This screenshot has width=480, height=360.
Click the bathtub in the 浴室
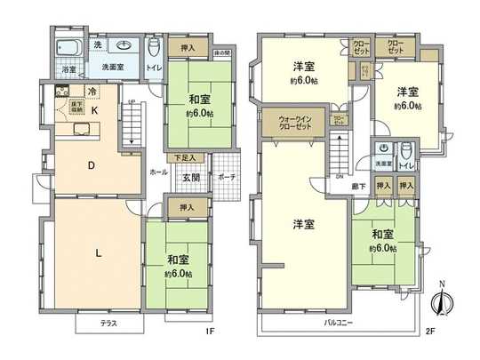click(x=68, y=47)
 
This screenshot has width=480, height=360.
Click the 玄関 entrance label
click(x=191, y=176)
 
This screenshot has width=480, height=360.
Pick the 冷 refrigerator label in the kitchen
click(x=91, y=91)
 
